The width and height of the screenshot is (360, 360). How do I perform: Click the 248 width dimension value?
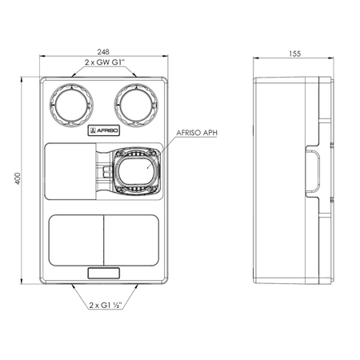point(103,51)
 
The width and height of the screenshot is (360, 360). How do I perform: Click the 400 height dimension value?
point(18,178)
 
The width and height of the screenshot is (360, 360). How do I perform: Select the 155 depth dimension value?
point(294,54)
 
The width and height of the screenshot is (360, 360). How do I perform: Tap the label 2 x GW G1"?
point(105,62)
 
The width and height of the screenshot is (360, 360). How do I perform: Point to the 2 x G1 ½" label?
point(106,305)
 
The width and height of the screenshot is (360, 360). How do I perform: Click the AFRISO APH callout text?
point(197,133)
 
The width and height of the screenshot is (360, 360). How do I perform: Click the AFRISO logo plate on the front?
point(104,130)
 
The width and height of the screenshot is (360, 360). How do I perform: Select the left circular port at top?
point(71,106)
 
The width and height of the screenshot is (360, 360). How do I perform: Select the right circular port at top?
point(136,106)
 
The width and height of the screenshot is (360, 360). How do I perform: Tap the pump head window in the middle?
point(136,171)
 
